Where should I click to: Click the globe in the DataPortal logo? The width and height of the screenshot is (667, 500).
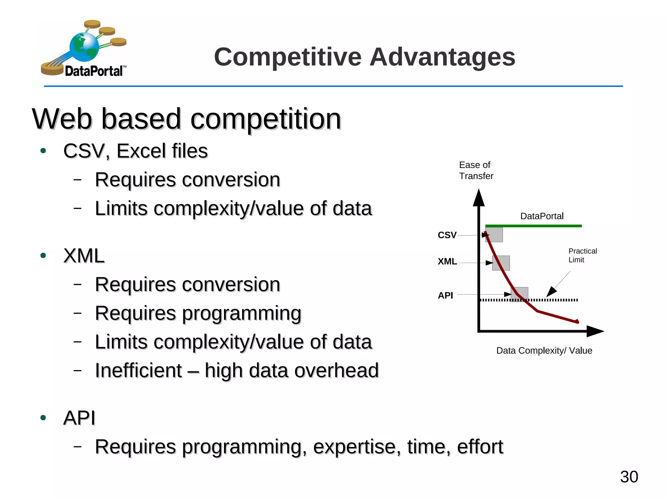[x=84, y=47]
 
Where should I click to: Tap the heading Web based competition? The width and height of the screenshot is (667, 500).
[x=186, y=119]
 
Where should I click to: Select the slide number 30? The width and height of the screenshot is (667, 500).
[x=629, y=477]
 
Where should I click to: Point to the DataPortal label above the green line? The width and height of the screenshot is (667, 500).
[x=542, y=216]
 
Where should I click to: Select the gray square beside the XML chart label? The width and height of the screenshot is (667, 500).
[x=501, y=263]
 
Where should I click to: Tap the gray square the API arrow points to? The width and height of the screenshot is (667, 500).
[x=520, y=294]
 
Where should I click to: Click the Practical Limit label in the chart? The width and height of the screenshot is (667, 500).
[x=582, y=256]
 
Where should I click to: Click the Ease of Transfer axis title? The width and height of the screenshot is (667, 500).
[x=476, y=171]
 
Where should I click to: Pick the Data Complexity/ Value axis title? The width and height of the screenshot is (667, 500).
[x=544, y=351]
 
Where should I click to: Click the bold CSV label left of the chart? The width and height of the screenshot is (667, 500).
[x=447, y=235]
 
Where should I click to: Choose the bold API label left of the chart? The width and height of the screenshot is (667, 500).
[x=445, y=296]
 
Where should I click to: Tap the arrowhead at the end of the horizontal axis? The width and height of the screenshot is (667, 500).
[x=595, y=331]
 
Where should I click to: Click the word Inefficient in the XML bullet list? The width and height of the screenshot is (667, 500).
[x=138, y=370]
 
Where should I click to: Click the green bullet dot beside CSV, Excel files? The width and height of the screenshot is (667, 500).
[x=43, y=151]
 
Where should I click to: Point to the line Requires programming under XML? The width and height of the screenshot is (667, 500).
[x=198, y=313]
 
